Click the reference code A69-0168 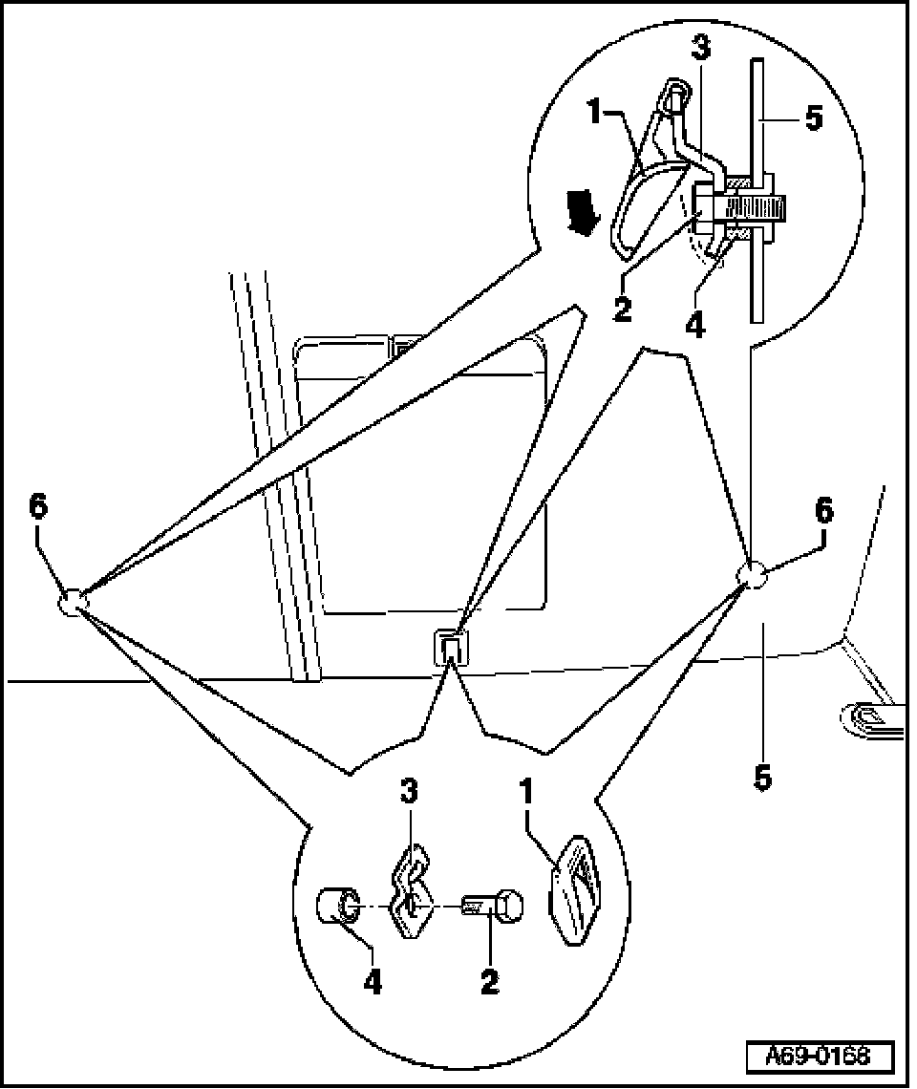click(820, 1056)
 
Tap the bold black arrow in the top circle click(582, 213)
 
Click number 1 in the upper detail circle click(593, 114)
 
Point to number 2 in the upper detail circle click(623, 309)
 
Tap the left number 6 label click(38, 507)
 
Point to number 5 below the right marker click(762, 778)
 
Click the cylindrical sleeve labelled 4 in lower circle click(338, 906)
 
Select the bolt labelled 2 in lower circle click(494, 905)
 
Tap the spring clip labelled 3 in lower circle click(411, 893)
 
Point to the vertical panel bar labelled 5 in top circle click(757, 258)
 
